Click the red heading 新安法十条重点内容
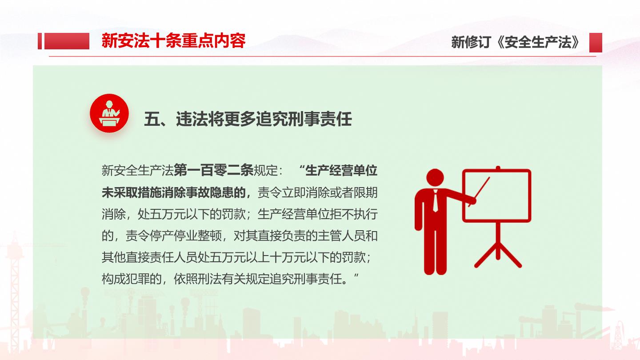pos(173,41)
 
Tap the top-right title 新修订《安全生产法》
pos(516,42)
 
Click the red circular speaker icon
pos(109,113)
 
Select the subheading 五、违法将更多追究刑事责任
pos(248,119)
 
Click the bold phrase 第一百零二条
pos(213,171)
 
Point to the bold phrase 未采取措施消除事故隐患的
pos(174,192)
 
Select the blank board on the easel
pos(496,196)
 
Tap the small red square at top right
pos(596,43)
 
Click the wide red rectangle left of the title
pos(67,41)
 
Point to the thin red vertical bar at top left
pos(40,41)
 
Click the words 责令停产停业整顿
pos(173,236)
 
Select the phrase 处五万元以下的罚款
pos(192,214)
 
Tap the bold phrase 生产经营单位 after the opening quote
pos(341,171)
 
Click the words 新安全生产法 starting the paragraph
pos(138,171)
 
